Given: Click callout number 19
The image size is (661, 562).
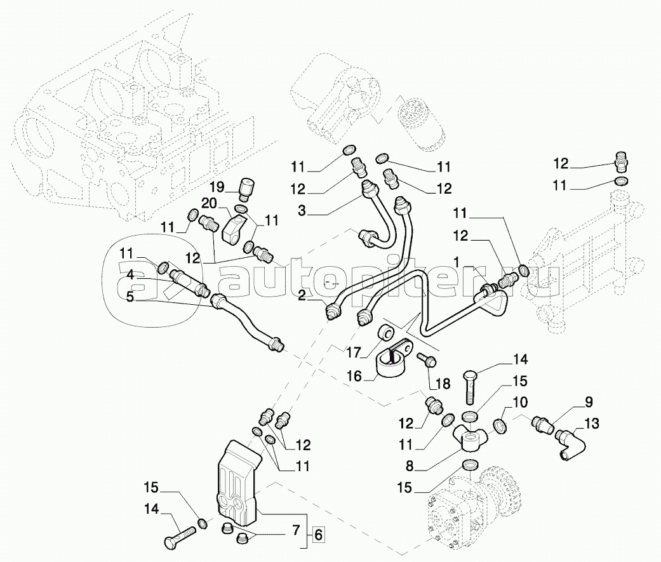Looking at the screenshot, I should [217, 187].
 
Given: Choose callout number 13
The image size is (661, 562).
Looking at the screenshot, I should [591, 423].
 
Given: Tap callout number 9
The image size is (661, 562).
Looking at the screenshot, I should [589, 401].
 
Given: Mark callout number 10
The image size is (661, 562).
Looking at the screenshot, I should [520, 402].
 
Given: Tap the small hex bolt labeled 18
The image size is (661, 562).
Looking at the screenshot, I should [425, 361].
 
